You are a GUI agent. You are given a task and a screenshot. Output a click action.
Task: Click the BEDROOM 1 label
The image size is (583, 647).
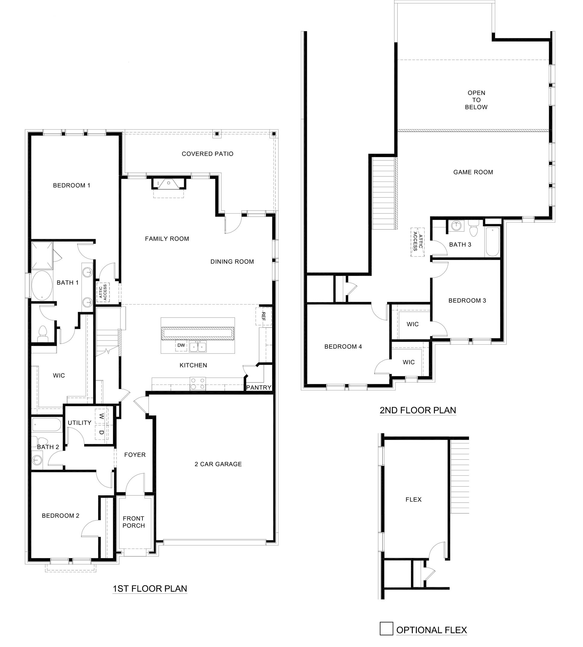(72, 185)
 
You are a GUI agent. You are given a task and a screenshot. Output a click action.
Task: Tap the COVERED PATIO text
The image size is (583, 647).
(207, 154)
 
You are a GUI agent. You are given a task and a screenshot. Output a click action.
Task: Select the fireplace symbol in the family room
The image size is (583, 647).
(168, 183)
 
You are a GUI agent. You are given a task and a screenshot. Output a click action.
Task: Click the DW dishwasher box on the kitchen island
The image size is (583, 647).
(181, 345)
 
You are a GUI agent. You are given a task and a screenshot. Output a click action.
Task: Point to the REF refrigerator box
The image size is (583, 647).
(263, 317)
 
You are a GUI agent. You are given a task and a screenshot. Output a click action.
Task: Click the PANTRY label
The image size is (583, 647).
(259, 387)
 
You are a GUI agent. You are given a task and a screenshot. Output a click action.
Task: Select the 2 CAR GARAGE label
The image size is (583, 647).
(218, 464)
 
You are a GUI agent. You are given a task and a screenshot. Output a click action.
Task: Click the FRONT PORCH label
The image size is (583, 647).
(134, 522)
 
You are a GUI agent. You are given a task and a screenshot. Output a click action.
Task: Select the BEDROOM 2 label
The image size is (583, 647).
(61, 516)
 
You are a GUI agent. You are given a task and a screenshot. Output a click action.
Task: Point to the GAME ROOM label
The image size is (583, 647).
(473, 172)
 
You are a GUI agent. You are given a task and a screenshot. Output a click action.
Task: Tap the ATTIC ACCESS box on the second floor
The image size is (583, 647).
(418, 242)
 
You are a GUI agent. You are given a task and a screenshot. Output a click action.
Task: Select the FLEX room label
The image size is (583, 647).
(413, 500)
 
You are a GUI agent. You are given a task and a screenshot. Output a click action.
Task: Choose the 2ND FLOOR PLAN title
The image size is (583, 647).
(418, 410)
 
